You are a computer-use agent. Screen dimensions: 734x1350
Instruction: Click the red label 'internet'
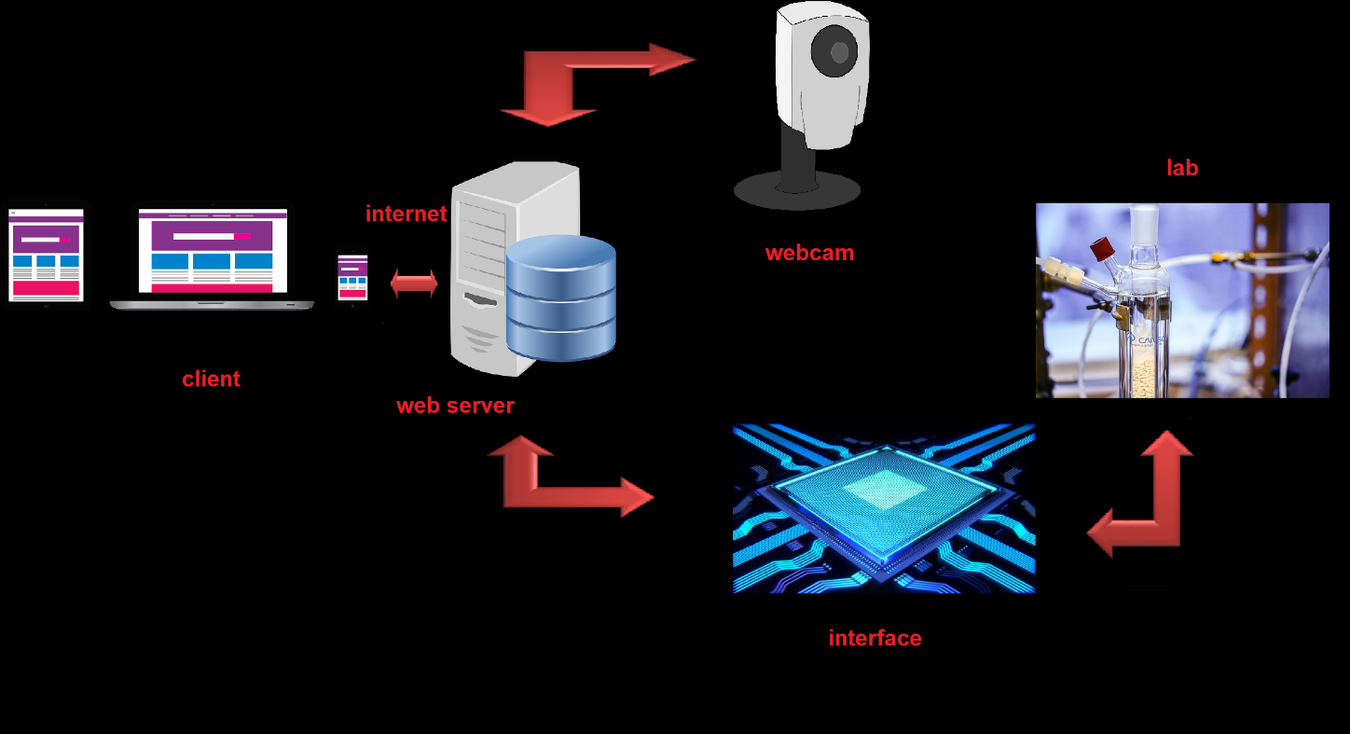(406, 214)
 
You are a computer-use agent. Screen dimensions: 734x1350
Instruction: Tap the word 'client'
(211, 379)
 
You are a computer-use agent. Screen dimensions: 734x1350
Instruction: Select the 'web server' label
(455, 406)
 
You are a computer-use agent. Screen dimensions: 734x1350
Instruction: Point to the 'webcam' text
(809, 253)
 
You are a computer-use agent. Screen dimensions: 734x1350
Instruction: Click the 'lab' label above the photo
(1182, 168)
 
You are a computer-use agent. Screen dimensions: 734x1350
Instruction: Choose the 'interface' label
(875, 638)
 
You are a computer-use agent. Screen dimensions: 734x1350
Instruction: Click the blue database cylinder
(560, 298)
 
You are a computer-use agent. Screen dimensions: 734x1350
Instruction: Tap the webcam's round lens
(833, 53)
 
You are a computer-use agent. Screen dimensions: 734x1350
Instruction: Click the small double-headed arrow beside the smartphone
(414, 284)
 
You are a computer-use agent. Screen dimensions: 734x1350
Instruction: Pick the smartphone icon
(352, 278)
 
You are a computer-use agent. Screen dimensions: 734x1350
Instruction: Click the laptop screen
(213, 251)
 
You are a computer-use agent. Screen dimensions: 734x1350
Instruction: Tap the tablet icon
(46, 255)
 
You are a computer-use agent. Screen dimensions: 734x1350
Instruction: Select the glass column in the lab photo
(1143, 317)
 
